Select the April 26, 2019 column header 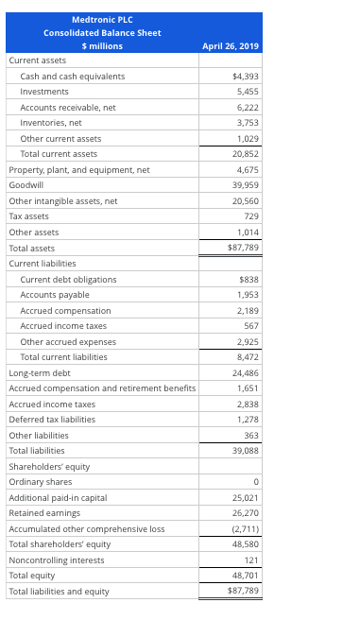(x=231, y=46)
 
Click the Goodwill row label (x=25, y=186)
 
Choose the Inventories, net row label (x=51, y=123)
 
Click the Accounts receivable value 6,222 (x=247, y=108)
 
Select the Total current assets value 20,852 (x=244, y=154)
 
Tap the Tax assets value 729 (x=250, y=216)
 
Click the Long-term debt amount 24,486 (x=244, y=373)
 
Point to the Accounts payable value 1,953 (x=247, y=295)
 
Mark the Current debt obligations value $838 (x=249, y=280)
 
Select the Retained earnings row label (x=43, y=513)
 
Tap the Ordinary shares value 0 (x=256, y=483)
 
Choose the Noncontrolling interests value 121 (x=250, y=560)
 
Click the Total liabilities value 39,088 (x=244, y=451)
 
